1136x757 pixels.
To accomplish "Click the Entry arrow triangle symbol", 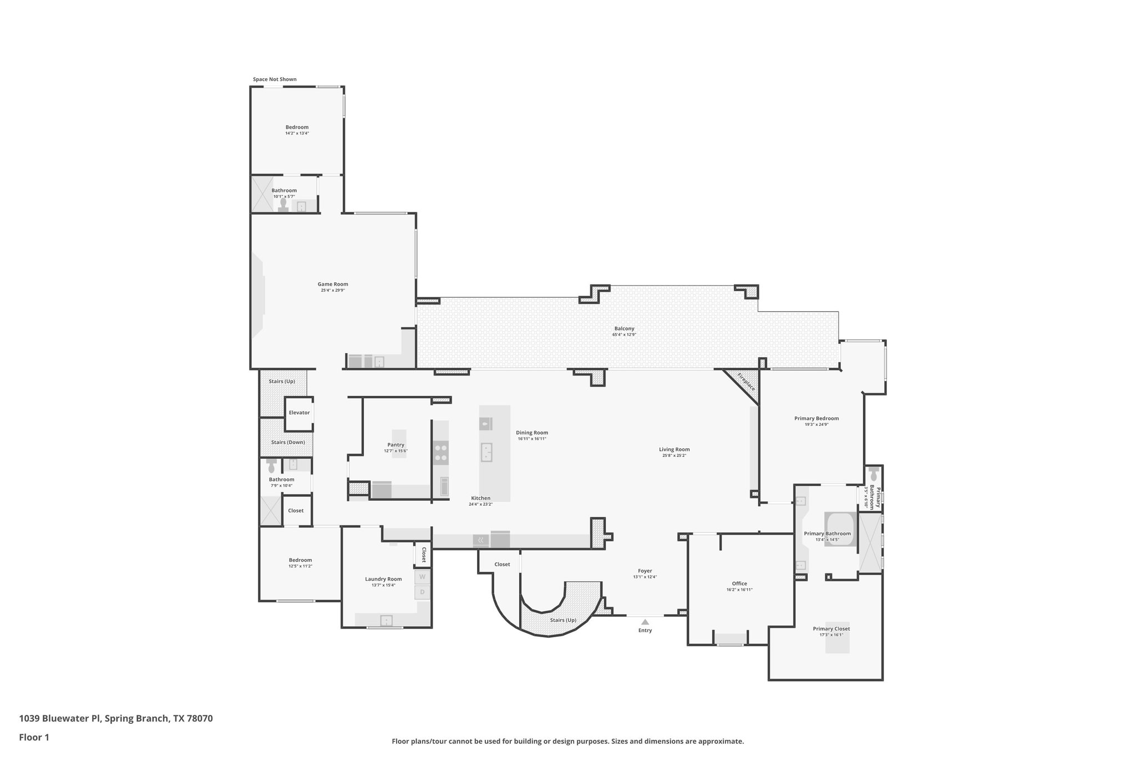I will pos(645,622).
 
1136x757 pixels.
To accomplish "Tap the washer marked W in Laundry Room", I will pos(422,577).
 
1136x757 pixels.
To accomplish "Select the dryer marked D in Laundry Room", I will pos(422,592).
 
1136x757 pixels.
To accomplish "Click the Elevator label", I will pos(299,413).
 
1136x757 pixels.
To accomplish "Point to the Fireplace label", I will pos(746,382).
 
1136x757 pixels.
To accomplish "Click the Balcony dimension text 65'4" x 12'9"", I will pos(623,334).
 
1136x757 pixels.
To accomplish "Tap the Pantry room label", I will pos(395,445).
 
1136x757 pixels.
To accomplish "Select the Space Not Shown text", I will pos(275,79).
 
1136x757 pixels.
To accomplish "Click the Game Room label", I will pos(333,284).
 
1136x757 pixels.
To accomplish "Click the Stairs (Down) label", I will pos(287,442).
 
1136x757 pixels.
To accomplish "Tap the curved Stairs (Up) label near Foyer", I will pos(562,620).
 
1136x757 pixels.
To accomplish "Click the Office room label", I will pos(739,583).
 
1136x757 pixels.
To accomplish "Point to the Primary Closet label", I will pos(831,628).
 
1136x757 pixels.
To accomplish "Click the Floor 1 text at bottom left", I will pos(34,737).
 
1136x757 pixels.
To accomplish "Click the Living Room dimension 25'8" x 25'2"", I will pos(674,455).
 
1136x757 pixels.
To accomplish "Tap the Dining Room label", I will pos(531,433).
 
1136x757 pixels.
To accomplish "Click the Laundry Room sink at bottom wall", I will pos(386,620).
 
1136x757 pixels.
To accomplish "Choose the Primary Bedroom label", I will pos(816,418).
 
